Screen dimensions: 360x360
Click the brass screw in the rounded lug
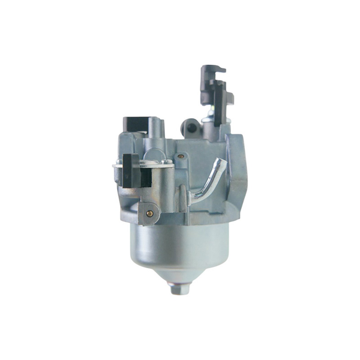point(149,212)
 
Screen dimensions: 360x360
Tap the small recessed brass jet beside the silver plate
point(181,157)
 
